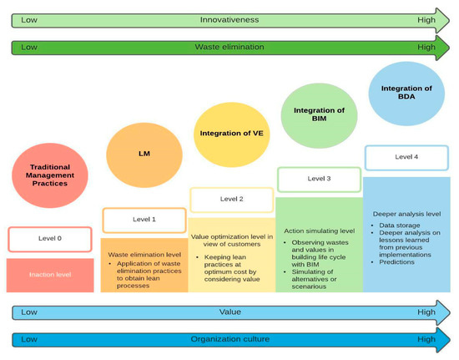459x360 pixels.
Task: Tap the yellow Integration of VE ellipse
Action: pos(226,132)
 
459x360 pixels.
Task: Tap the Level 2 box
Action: pos(231,200)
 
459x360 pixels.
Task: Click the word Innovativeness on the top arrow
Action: pos(229,18)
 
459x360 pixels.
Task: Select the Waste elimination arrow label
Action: pos(229,47)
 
